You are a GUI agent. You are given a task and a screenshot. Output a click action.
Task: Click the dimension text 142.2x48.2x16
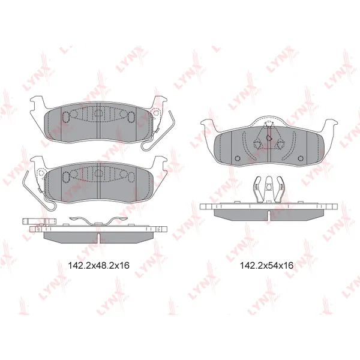(99, 265)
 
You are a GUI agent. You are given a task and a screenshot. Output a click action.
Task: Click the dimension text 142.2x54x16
(266, 265)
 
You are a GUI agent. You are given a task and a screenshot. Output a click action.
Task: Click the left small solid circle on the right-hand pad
(238, 158)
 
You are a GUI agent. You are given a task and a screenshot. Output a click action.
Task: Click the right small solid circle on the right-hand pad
(301, 158)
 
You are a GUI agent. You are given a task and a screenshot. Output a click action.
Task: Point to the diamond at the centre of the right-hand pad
(268, 138)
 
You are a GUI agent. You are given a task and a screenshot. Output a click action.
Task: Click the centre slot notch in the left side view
(98, 238)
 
